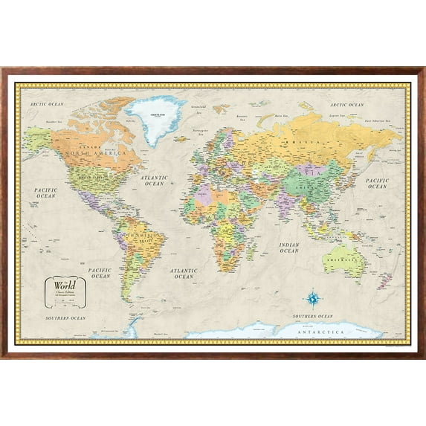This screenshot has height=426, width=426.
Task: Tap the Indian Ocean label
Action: [x=288, y=248]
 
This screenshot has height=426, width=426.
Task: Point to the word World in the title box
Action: [x=62, y=285]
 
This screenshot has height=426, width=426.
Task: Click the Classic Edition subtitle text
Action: [x=63, y=294]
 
